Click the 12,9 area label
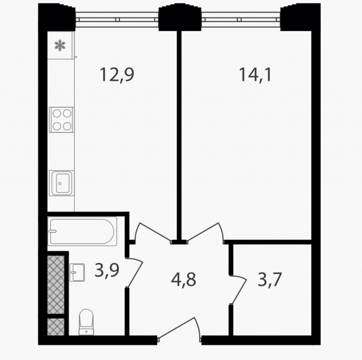pyautogui.click(x=117, y=74)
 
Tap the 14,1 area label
pyautogui.click(x=255, y=74)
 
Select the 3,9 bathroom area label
pyautogui.click(x=107, y=270)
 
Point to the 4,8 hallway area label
pyautogui.click(x=183, y=280)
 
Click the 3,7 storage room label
pyautogui.click(x=270, y=279)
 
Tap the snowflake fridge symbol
pyautogui.click(x=60, y=45)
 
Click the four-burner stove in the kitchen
pyautogui.click(x=62, y=119)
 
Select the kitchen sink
pyautogui.click(x=62, y=183)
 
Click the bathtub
pyautogui.click(x=82, y=231)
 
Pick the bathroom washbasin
pyautogui.click(x=77, y=272)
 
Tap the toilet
pyautogui.click(x=87, y=322)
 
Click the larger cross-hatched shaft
pyautogui.click(x=56, y=285)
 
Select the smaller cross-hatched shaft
pyautogui.click(x=56, y=327)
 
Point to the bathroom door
pyautogui.click(x=134, y=273)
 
